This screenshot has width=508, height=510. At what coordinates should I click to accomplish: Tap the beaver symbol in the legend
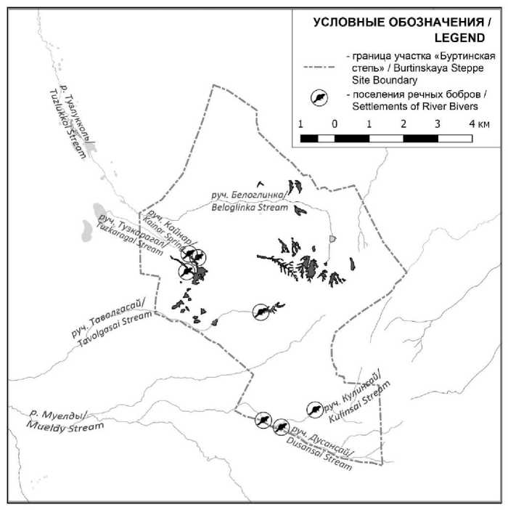tap(319, 98)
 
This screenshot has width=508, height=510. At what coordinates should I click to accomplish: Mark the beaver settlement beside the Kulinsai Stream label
tap(315, 410)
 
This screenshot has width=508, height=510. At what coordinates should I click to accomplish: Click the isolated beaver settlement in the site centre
tap(261, 312)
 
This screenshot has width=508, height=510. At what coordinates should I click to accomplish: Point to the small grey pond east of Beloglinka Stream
tap(332, 238)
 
